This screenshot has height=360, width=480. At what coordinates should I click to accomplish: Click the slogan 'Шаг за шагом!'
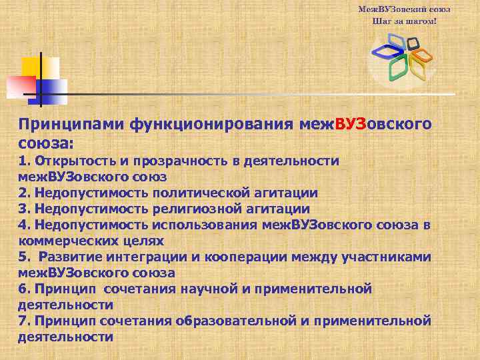(x=404, y=21)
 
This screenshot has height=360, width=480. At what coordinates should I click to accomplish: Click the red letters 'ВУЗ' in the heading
(x=351, y=124)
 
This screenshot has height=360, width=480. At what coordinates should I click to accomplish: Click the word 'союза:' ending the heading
(x=46, y=143)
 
